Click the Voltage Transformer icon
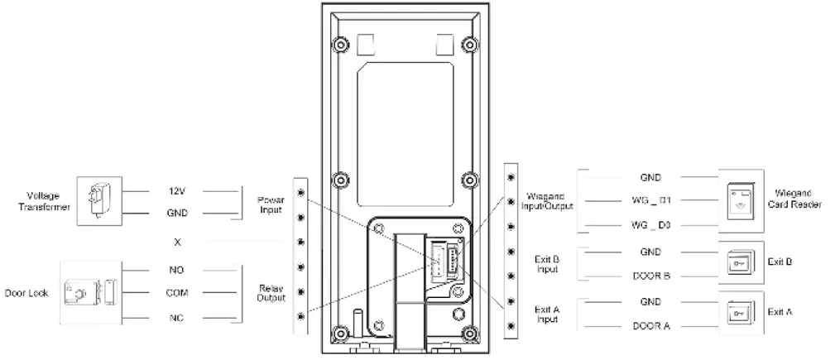click(98, 199)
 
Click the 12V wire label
click(177, 191)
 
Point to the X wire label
click(177, 242)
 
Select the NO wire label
click(177, 270)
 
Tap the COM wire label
click(177, 293)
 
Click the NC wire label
click(177, 317)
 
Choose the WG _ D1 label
click(650, 201)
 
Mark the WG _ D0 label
click(650, 225)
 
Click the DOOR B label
click(650, 276)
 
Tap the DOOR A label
click(650, 326)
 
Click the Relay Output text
click(270, 294)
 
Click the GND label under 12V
click(177, 214)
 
